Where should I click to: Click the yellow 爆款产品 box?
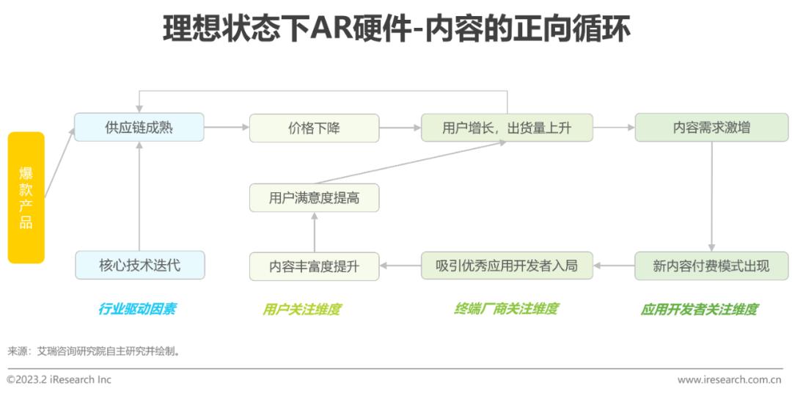click(x=26, y=197)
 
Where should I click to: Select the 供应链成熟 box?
click(x=139, y=127)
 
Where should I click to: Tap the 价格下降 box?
click(x=314, y=128)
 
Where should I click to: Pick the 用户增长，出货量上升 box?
click(x=507, y=128)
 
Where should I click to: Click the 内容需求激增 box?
click(x=711, y=127)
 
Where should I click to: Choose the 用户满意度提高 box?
click(x=314, y=197)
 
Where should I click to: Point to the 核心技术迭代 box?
click(x=140, y=265)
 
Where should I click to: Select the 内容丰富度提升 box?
click(x=314, y=266)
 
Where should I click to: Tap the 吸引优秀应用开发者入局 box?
click(x=507, y=265)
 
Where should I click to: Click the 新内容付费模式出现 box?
click(x=711, y=266)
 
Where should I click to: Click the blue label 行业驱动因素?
click(x=137, y=309)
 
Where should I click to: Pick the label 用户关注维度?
click(x=301, y=309)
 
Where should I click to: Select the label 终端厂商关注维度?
click(x=506, y=309)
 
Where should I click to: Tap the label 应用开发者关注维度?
click(x=699, y=309)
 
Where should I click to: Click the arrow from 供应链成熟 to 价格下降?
click(x=227, y=127)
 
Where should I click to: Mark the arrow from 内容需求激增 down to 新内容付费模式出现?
click(x=711, y=197)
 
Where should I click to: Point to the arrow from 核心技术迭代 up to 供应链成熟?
click(x=139, y=196)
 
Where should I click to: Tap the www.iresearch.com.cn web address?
click(x=730, y=379)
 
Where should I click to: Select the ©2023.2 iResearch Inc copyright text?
click(x=59, y=379)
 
